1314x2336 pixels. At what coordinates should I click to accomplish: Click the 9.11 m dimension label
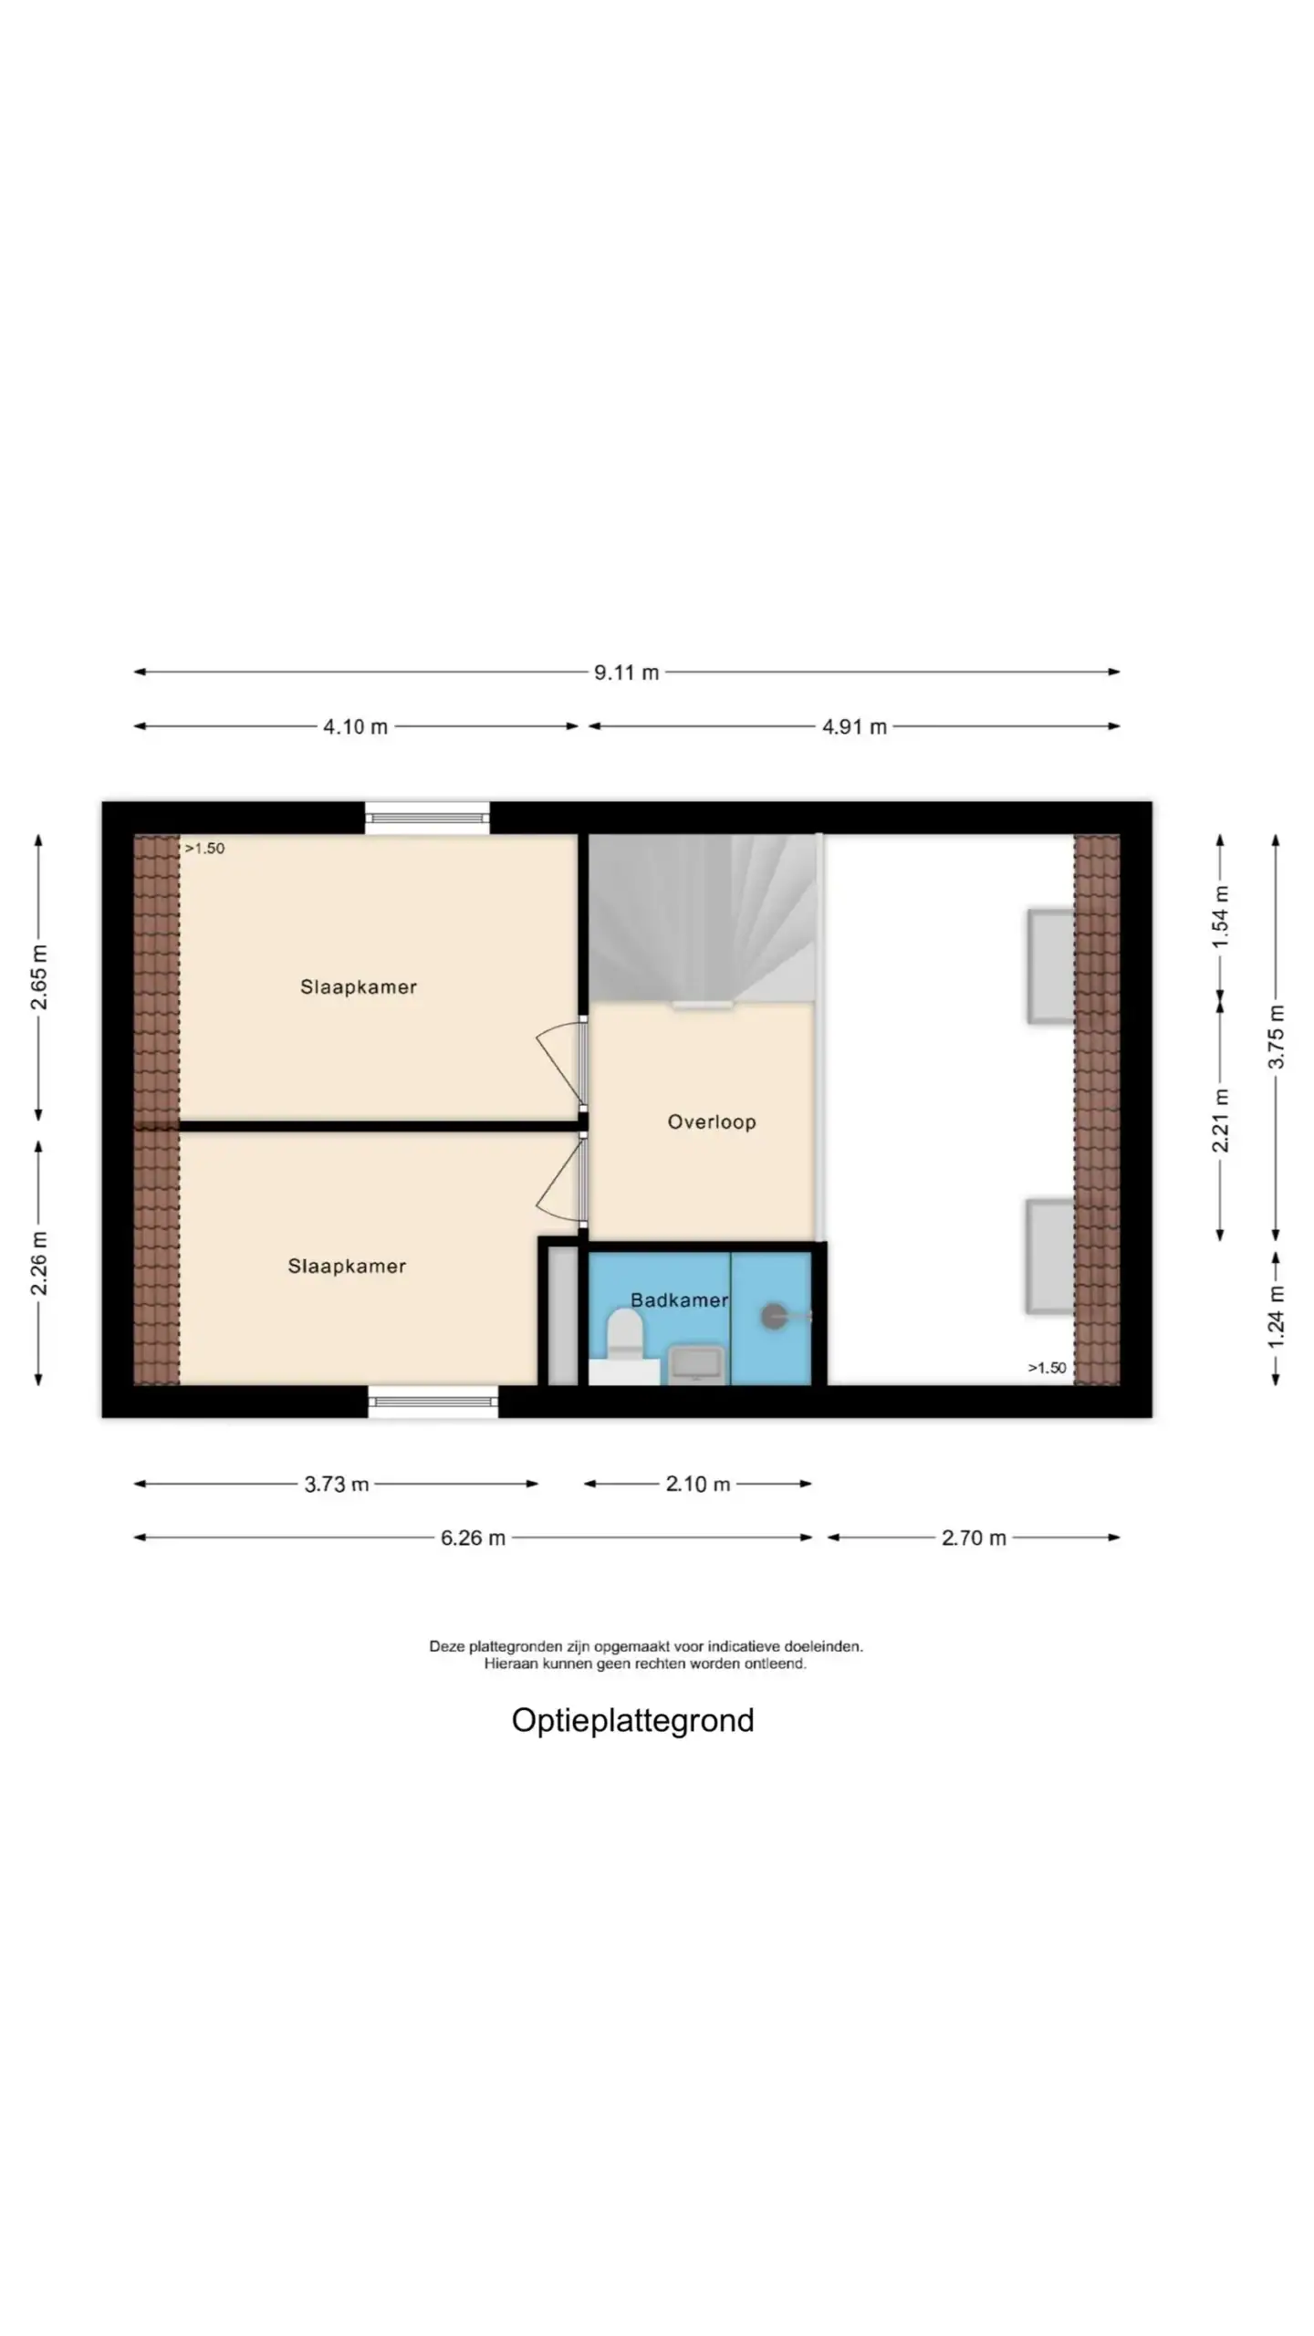point(626,673)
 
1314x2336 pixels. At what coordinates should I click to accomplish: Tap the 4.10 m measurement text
point(355,727)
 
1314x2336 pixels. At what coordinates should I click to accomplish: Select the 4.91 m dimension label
point(854,727)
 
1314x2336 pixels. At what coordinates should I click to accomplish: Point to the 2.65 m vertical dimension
point(39,977)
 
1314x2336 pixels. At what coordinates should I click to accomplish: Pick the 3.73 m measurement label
point(337,1485)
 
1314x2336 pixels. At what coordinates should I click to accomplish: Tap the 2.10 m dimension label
point(698,1485)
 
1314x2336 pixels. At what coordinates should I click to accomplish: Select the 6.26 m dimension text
point(473,1538)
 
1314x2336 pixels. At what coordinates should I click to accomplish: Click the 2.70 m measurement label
point(974,1538)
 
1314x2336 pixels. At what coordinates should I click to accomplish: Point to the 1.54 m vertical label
point(1221,916)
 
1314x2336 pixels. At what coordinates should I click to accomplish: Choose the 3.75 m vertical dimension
point(1276,1037)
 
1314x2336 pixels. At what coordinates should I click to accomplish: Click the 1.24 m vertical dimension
point(1276,1317)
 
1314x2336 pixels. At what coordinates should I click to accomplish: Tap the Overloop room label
point(712,1122)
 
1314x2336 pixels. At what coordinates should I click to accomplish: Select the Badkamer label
point(680,1300)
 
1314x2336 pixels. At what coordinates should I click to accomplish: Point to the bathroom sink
point(697,1364)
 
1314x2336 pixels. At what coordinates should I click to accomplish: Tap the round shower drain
point(774,1317)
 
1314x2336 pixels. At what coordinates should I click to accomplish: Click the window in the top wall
point(427,818)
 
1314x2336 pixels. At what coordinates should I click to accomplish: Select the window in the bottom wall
point(433,1402)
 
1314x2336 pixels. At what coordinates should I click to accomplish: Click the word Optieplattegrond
point(632,1721)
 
